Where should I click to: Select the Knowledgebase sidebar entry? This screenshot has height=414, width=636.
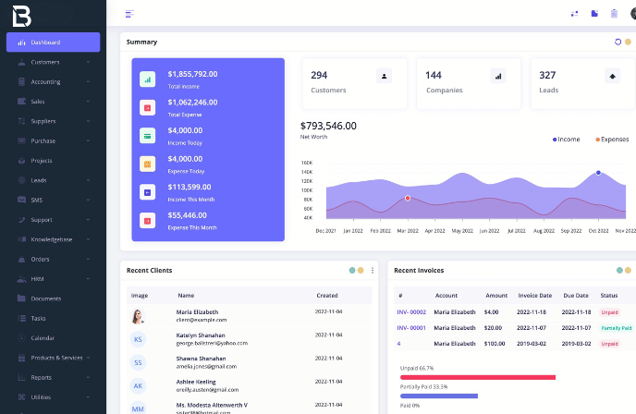tap(52, 239)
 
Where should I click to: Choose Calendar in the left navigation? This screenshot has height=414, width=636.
tap(43, 337)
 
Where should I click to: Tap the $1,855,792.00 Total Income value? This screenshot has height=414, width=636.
tap(192, 74)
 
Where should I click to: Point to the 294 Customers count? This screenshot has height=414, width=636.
tap(319, 75)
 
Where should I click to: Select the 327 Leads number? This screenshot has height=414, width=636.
tap(547, 75)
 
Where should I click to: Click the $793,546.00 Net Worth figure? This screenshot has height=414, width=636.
tap(328, 126)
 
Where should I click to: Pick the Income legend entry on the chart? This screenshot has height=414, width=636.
tap(567, 140)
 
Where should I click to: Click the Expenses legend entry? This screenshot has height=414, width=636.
tap(612, 140)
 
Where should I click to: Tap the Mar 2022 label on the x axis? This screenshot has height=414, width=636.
tap(407, 230)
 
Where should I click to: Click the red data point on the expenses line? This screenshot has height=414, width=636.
tap(408, 199)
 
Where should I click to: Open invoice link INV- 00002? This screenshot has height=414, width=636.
tap(411, 311)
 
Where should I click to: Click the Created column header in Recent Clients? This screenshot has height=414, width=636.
tap(327, 296)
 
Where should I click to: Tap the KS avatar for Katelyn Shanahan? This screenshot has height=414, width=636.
tap(139, 339)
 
